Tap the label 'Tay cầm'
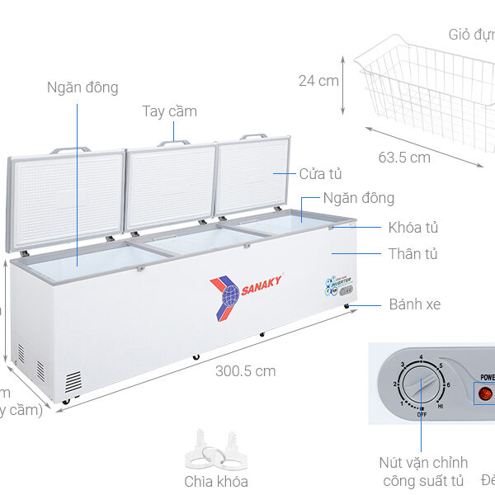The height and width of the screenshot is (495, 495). [x=169, y=111]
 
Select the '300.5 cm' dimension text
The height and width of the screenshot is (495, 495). [x=245, y=371]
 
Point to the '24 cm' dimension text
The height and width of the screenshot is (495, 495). [x=319, y=80]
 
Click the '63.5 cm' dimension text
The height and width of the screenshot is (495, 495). [x=404, y=157]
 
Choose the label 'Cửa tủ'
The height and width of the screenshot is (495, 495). [x=320, y=173]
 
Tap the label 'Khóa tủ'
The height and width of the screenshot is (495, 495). [x=413, y=227]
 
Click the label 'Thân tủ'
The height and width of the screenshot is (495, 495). [x=412, y=254]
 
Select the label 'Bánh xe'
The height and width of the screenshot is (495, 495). [x=415, y=304]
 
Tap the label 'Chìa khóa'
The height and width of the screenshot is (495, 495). [x=216, y=481]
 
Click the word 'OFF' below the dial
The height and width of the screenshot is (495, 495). [x=422, y=414]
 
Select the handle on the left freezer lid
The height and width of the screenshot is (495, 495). [x=70, y=151]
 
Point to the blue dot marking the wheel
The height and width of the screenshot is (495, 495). [x=349, y=305]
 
